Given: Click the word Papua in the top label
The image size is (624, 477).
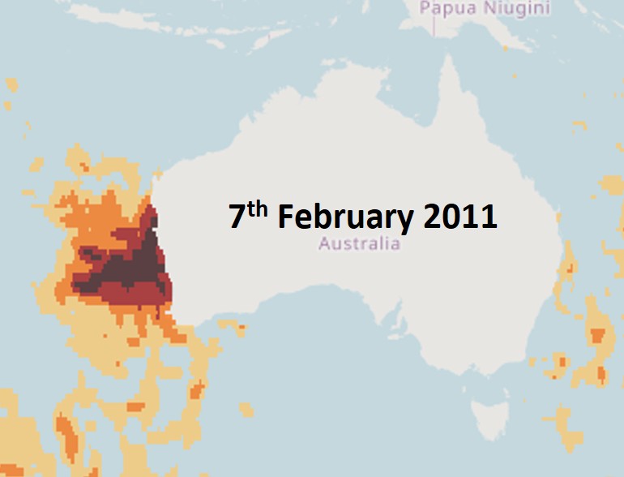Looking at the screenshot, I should click(445, 9).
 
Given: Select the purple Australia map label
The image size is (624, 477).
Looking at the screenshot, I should click(359, 243).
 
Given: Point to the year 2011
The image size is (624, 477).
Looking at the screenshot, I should click(460, 217).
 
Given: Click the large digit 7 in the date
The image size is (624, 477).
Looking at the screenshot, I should click(237, 217).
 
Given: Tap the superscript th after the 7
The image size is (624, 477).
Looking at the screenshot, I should click(259, 208).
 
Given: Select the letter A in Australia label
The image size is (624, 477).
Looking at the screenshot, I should click(324, 243).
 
